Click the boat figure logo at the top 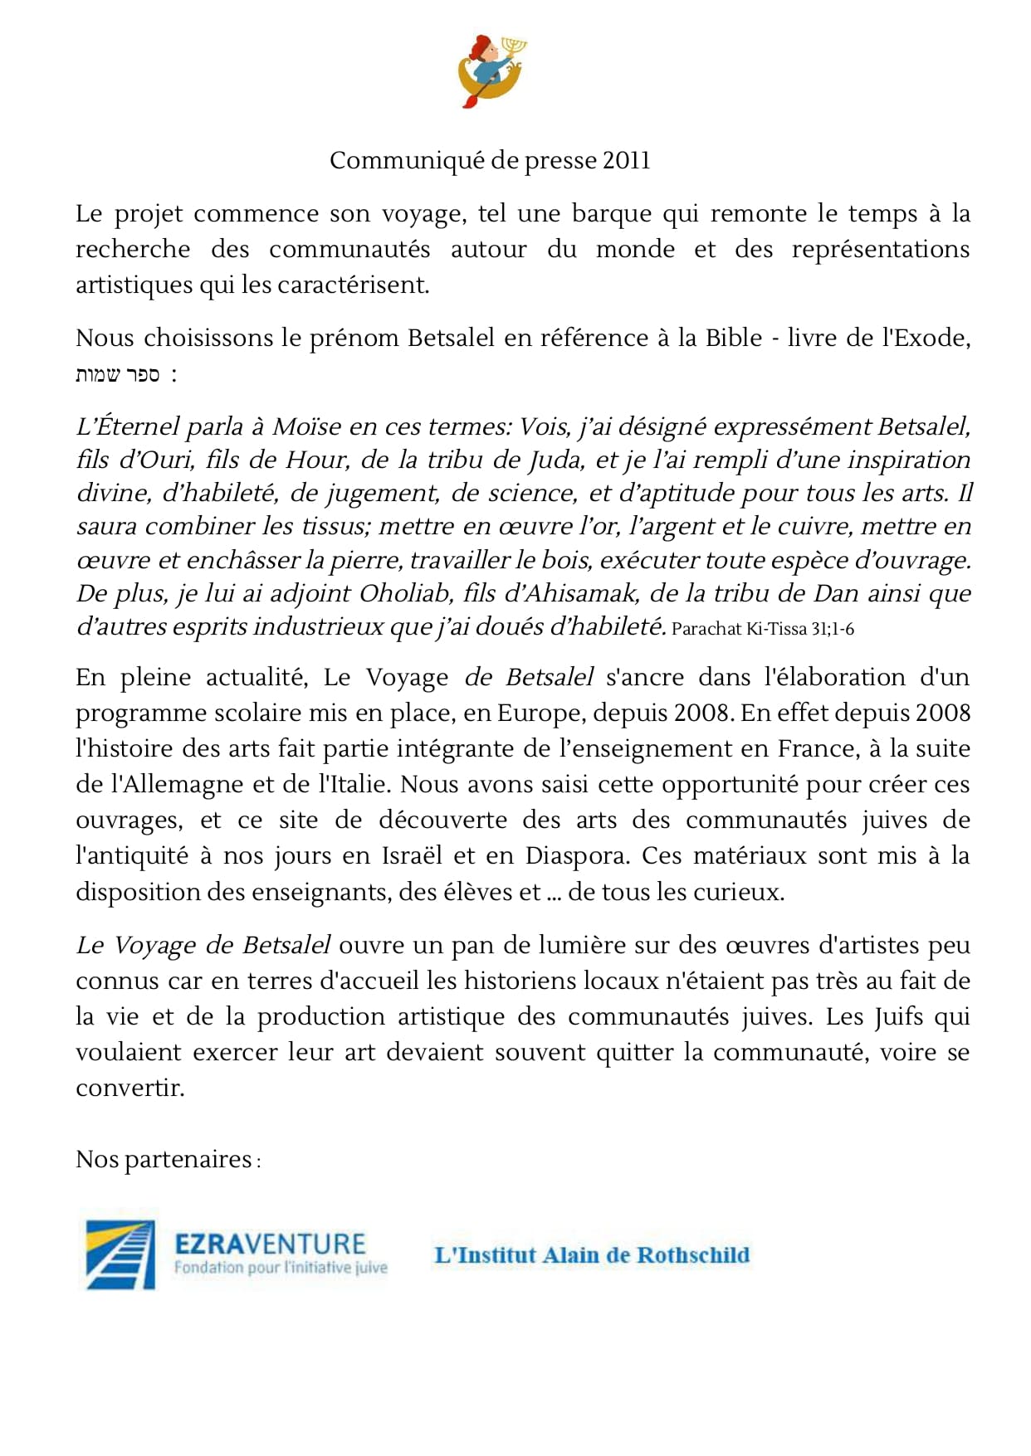click(x=492, y=71)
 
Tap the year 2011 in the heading click(x=627, y=160)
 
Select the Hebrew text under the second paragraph click(x=118, y=375)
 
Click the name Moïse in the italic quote click(x=306, y=427)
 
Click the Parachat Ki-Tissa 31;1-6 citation click(x=762, y=629)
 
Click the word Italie click(x=354, y=785)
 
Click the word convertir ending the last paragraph click(x=129, y=1088)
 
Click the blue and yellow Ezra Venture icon click(x=121, y=1254)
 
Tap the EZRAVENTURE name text click(x=270, y=1244)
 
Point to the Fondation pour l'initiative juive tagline click(x=280, y=1268)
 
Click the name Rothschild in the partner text click(x=693, y=1254)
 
